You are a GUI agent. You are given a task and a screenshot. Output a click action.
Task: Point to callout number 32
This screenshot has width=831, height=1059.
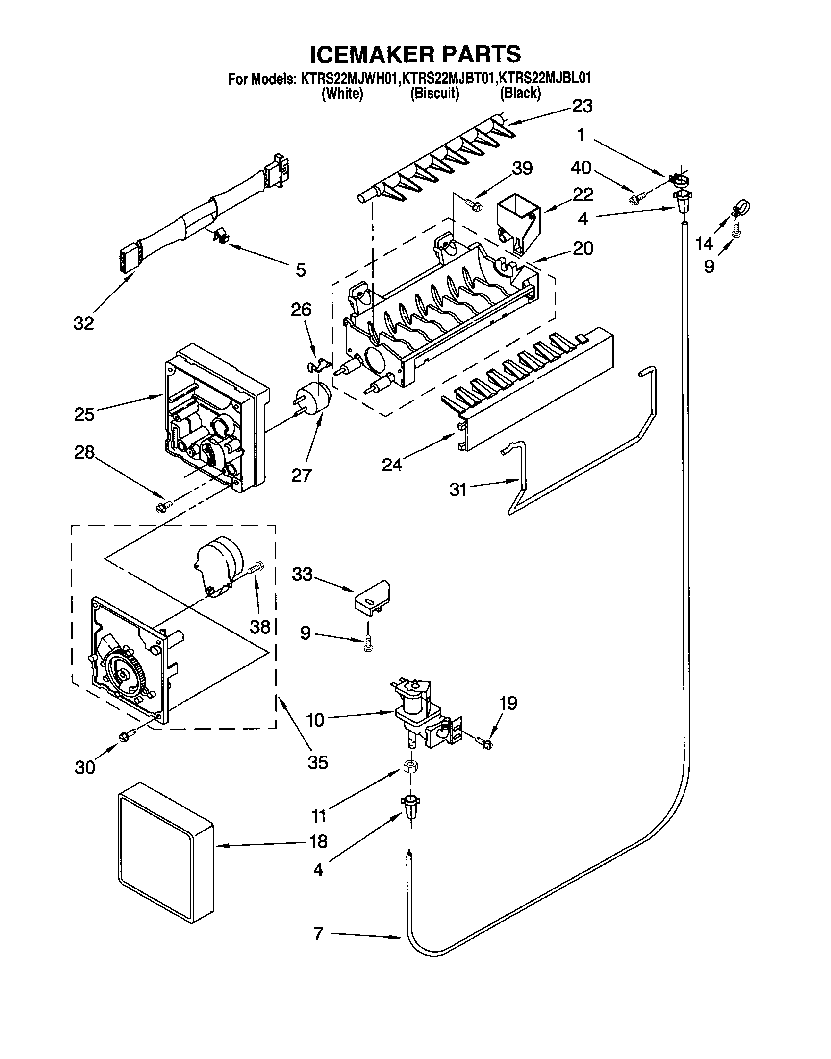pos(83,323)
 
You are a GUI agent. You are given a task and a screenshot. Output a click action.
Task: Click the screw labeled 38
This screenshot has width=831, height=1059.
pos(256,568)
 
